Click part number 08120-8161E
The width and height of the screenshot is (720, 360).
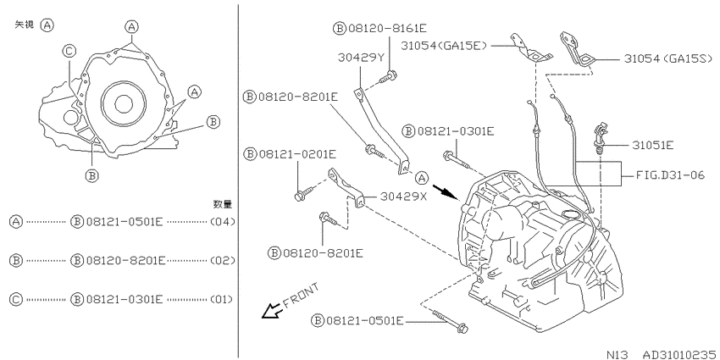(x=387, y=29)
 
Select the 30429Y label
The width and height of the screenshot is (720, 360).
(x=361, y=58)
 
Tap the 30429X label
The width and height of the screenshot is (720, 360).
(x=404, y=196)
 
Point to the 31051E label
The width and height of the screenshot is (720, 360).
(x=652, y=146)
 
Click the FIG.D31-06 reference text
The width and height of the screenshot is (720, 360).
(x=671, y=175)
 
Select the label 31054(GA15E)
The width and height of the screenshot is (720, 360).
(x=444, y=45)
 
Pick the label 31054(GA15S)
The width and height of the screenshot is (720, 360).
(x=667, y=58)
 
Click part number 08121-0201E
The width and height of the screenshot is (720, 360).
(x=296, y=154)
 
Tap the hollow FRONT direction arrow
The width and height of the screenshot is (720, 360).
(x=271, y=311)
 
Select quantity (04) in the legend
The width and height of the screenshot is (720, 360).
(x=222, y=222)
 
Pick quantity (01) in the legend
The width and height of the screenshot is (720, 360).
(x=222, y=300)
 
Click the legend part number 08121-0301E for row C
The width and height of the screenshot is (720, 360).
(x=124, y=300)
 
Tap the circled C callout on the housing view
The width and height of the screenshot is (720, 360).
(x=69, y=52)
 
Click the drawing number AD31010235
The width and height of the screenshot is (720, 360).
(x=678, y=354)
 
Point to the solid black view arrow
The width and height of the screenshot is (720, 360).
(x=446, y=192)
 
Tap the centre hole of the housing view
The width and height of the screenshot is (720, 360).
(x=124, y=105)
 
